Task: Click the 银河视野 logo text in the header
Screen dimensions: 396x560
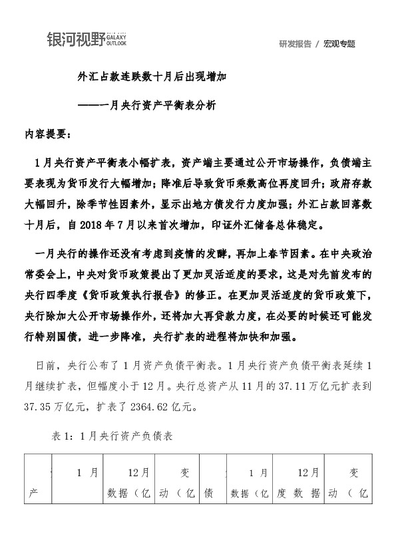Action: click(x=75, y=40)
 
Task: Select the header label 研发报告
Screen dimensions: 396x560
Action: click(x=295, y=44)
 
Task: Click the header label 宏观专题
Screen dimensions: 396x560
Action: click(x=339, y=44)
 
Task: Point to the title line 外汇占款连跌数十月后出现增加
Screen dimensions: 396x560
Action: click(x=152, y=77)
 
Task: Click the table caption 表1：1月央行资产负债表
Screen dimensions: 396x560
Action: click(x=112, y=437)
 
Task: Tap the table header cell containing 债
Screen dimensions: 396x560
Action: click(x=208, y=493)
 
